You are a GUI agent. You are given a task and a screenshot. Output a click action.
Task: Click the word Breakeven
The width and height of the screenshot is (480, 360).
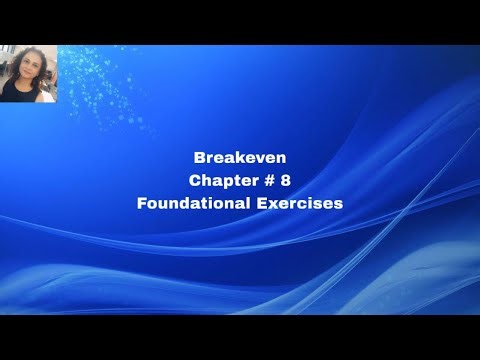pyautogui.click(x=240, y=157)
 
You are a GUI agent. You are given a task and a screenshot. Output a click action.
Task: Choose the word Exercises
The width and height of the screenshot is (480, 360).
pyautogui.click(x=300, y=203)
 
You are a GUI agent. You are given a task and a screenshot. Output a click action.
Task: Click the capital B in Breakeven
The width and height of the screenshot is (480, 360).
pyautogui.click(x=199, y=157)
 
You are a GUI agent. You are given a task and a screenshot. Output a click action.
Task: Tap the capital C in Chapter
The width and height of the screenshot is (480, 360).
pyautogui.click(x=194, y=180)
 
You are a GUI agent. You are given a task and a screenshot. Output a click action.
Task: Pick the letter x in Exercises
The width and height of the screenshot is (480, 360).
pyautogui.click(x=275, y=204)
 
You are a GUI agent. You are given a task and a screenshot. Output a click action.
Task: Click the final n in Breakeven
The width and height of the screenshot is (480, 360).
pyautogui.click(x=281, y=158)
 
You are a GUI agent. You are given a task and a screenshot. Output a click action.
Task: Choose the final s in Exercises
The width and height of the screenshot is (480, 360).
pyautogui.click(x=339, y=204)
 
